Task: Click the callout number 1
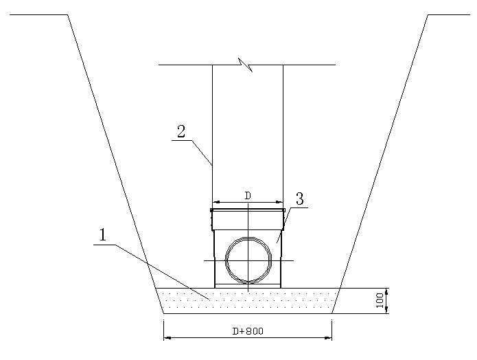point(103,235)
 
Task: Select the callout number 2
point(181,132)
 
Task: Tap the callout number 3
point(300,199)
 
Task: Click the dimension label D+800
point(248,331)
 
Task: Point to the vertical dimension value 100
point(380,301)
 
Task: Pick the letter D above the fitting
point(248,196)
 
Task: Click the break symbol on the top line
point(246,65)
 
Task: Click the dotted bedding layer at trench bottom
point(248,301)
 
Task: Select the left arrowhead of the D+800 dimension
point(167,337)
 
